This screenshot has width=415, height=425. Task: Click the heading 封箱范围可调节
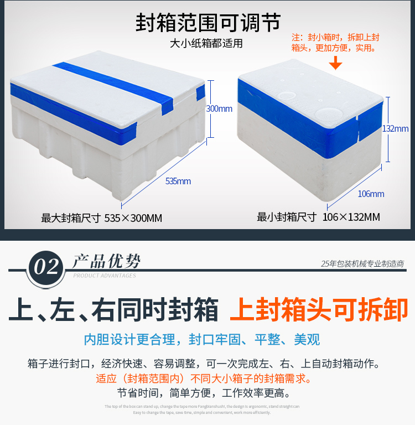click(207, 23)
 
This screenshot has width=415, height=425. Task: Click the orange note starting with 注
click(336, 43)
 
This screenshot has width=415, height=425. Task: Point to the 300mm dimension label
click(219, 108)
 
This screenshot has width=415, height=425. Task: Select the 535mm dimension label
click(178, 181)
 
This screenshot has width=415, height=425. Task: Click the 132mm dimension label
click(395, 128)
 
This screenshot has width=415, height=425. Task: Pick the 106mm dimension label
click(371, 194)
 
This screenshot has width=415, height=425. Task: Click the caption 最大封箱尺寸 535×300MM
click(102, 218)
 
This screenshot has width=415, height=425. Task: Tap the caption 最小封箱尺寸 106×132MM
click(318, 217)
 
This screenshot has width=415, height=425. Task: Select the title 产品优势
click(107, 261)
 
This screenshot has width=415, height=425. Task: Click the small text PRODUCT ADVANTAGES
click(105, 276)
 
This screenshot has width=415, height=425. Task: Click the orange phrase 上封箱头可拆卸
click(319, 310)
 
